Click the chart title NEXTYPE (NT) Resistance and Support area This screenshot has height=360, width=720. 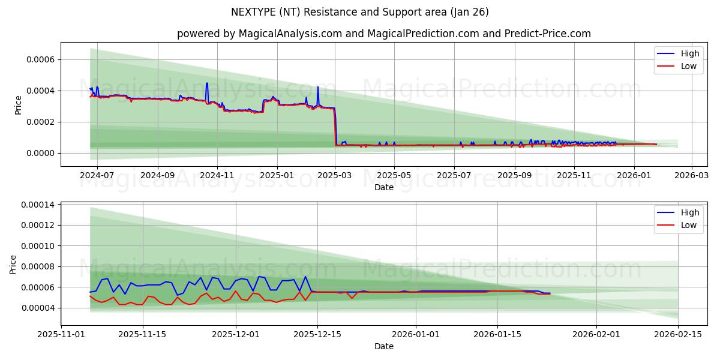[x=359, y=12]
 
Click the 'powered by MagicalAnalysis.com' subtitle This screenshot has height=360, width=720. [x=383, y=34]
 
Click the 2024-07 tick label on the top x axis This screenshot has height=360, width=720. [x=97, y=176]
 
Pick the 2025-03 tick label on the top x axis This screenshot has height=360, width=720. [x=335, y=176]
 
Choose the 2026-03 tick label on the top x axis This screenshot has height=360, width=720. [x=692, y=176]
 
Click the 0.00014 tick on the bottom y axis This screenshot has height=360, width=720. [x=37, y=205]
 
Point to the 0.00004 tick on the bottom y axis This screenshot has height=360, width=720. [x=37, y=308]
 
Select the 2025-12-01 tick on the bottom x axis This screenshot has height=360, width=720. [x=236, y=335]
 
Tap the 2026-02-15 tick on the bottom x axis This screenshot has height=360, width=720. [x=678, y=335]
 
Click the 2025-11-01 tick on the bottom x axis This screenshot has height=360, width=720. [x=61, y=335]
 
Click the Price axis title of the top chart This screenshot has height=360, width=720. [x=18, y=105]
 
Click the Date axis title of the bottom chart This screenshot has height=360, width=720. [x=383, y=346]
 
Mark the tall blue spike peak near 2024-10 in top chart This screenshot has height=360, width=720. [x=207, y=83]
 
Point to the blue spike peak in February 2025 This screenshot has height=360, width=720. [x=318, y=87]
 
